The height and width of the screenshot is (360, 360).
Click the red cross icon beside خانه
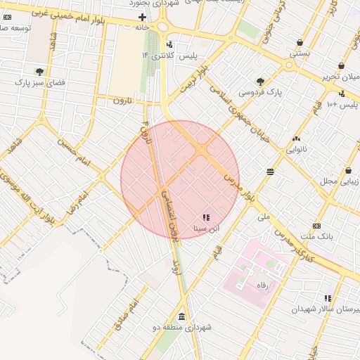point(143,17)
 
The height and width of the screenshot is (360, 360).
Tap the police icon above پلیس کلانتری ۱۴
point(169,44)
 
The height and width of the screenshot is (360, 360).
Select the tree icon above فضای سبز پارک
point(40,71)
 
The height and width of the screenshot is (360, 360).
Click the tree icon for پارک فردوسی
point(261,82)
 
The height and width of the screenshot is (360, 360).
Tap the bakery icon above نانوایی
point(296,139)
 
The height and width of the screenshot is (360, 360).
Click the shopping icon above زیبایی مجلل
point(348,171)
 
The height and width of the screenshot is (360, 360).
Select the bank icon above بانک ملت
point(316,226)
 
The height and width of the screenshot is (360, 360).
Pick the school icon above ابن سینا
point(206,218)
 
